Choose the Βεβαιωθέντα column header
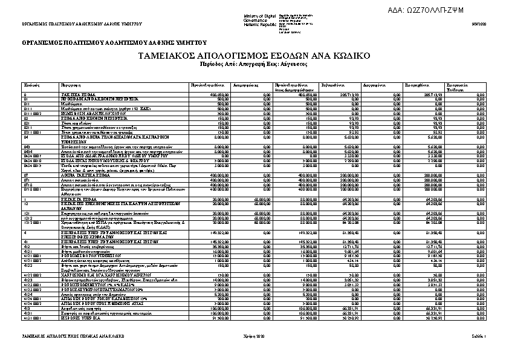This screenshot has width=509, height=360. pyautogui.click(x=332, y=85)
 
